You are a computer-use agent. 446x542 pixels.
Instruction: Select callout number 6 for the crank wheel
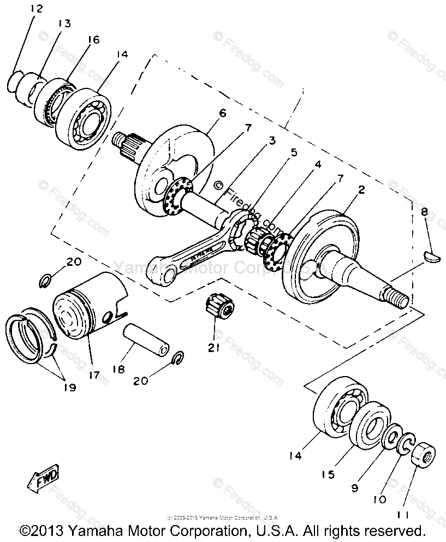pos(222,113)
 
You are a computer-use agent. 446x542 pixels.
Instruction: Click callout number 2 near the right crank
pos(361,190)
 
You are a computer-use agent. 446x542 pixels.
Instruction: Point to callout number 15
pos(328,474)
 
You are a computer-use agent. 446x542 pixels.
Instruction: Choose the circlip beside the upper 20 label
pos(47,282)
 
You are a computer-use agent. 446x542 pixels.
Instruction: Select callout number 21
pos(213,347)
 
